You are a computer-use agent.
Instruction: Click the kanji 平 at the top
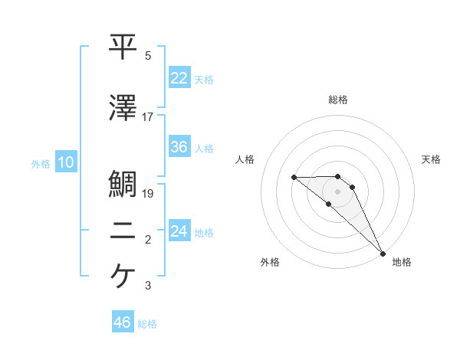pyautogui.click(x=123, y=47)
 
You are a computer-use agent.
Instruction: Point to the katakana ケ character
pyautogui.click(x=123, y=277)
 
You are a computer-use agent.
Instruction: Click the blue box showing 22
pyautogui.click(x=179, y=78)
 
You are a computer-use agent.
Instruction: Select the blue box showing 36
pyautogui.click(x=179, y=147)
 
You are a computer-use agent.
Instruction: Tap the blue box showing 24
pyautogui.click(x=179, y=231)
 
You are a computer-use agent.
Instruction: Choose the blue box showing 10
pyautogui.click(x=65, y=162)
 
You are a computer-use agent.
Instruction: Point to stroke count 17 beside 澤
pyautogui.click(x=148, y=116)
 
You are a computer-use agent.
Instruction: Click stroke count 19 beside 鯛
pyautogui.click(x=148, y=194)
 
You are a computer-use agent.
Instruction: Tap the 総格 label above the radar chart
pyautogui.click(x=337, y=100)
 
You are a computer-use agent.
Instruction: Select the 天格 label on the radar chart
pyautogui.click(x=431, y=159)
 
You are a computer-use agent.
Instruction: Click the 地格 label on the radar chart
pyautogui.click(x=402, y=263)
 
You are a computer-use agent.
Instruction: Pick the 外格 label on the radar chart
pyautogui.click(x=270, y=263)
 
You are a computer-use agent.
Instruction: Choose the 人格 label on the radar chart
pyautogui.click(x=245, y=159)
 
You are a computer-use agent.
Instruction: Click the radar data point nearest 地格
pyautogui.click(x=382, y=253)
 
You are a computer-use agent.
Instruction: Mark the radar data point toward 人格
pyautogui.click(x=294, y=178)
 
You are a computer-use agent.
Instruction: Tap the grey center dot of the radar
pyautogui.click(x=337, y=191)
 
